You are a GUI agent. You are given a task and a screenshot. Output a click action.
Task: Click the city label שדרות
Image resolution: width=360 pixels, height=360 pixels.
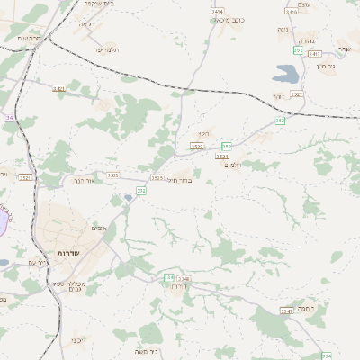68,253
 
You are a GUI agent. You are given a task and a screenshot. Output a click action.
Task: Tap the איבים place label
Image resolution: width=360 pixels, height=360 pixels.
100,229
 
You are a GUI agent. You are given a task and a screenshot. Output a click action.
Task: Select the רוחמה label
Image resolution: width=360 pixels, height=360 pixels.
304,309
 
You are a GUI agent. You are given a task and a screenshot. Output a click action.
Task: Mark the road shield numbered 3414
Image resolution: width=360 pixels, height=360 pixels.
218,11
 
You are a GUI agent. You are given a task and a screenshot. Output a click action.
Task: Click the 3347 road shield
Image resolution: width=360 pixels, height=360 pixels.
286,310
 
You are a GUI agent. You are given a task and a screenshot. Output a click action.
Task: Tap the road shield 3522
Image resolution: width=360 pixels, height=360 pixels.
197,146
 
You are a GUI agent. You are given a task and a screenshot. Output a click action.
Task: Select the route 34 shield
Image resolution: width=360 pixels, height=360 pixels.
8,117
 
